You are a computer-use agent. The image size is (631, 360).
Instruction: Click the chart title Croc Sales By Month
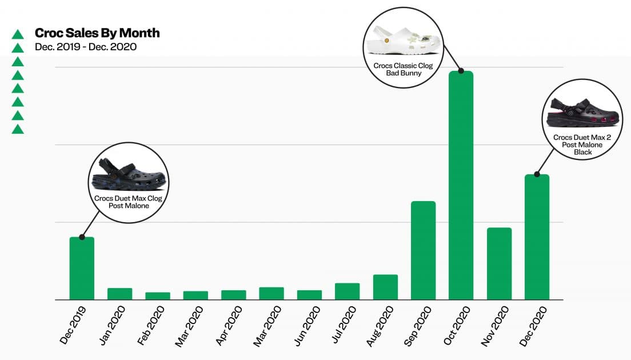[97, 33]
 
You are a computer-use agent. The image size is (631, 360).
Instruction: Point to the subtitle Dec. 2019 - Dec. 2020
[86, 47]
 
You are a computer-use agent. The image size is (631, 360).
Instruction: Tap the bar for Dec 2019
[82, 268]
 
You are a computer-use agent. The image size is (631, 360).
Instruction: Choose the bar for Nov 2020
[499, 263]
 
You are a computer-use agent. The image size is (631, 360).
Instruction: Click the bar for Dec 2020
[537, 237]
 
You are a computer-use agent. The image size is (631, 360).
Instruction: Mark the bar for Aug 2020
[385, 287]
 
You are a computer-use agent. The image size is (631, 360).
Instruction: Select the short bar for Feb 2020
[158, 296]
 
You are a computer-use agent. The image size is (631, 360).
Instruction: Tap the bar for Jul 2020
[347, 291]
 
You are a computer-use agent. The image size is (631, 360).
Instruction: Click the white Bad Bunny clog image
[404, 40]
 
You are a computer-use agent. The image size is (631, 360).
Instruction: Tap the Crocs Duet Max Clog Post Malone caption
[129, 202]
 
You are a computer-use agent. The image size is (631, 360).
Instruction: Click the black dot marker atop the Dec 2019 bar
[82, 237]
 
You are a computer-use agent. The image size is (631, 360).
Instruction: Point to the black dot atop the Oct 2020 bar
[461, 71]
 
